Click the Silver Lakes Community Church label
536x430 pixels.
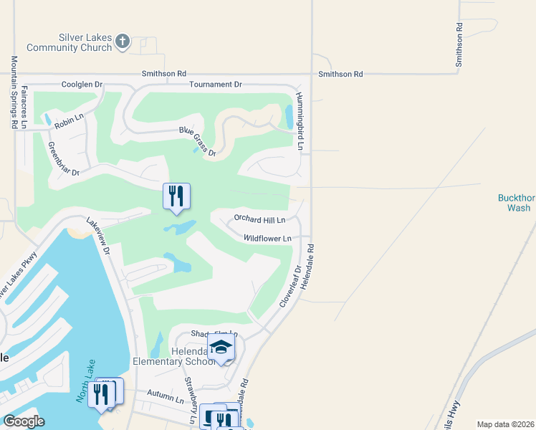(70, 42)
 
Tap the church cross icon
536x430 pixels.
(123, 42)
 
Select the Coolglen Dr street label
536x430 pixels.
(82, 85)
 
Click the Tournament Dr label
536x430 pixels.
(215, 85)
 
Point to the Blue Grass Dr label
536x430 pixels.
(198, 139)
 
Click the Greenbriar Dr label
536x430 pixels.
(63, 159)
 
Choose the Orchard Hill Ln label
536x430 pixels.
(259, 219)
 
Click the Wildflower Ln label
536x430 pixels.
(267, 238)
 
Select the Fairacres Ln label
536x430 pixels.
(24, 107)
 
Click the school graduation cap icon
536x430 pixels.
(221, 348)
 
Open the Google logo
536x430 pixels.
(24, 421)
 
